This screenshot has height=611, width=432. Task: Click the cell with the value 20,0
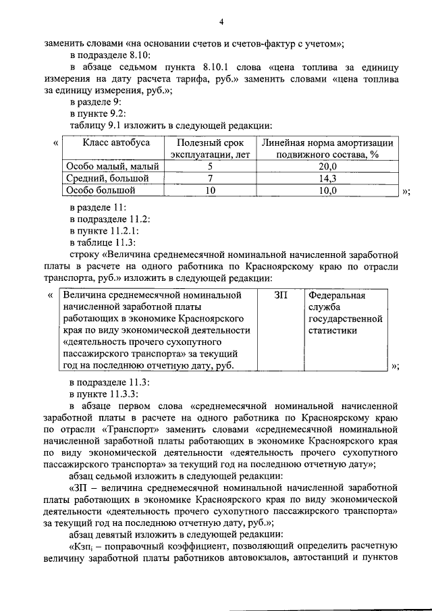(x=327, y=166)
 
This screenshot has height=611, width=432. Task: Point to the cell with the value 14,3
(x=327, y=178)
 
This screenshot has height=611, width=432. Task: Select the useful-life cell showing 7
(x=210, y=178)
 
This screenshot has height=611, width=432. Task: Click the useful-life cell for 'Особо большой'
(x=210, y=191)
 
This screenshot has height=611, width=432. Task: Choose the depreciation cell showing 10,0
(x=327, y=191)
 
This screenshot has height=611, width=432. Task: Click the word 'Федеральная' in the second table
(x=337, y=296)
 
